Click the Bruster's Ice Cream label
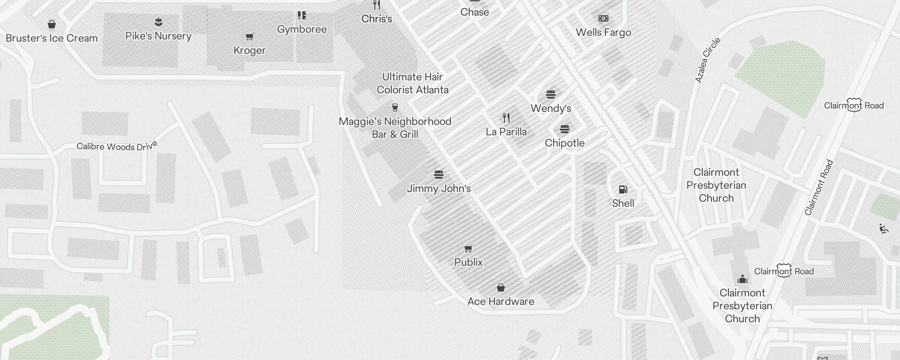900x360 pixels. [52, 38]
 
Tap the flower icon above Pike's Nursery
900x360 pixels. [158, 22]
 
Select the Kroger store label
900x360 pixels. [249, 50]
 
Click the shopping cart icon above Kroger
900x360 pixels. [249, 36]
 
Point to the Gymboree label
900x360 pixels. [301, 29]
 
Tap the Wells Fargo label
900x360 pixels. [603, 32]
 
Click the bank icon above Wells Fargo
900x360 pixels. [603, 18]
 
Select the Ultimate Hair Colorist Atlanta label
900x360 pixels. [413, 83]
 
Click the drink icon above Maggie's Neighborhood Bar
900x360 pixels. [395, 107]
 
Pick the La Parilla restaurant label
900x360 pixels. [506, 132]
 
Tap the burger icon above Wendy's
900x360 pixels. [551, 94]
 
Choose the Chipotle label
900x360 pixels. [565, 143]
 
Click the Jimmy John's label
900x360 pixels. [439, 189]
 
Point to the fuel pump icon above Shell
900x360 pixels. [623, 189]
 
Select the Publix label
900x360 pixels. [468, 262]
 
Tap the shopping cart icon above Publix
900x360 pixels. [468, 248]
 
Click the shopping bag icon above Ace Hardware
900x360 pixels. [500, 288]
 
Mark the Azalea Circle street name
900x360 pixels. [708, 60]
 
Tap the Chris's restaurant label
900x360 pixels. [377, 19]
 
